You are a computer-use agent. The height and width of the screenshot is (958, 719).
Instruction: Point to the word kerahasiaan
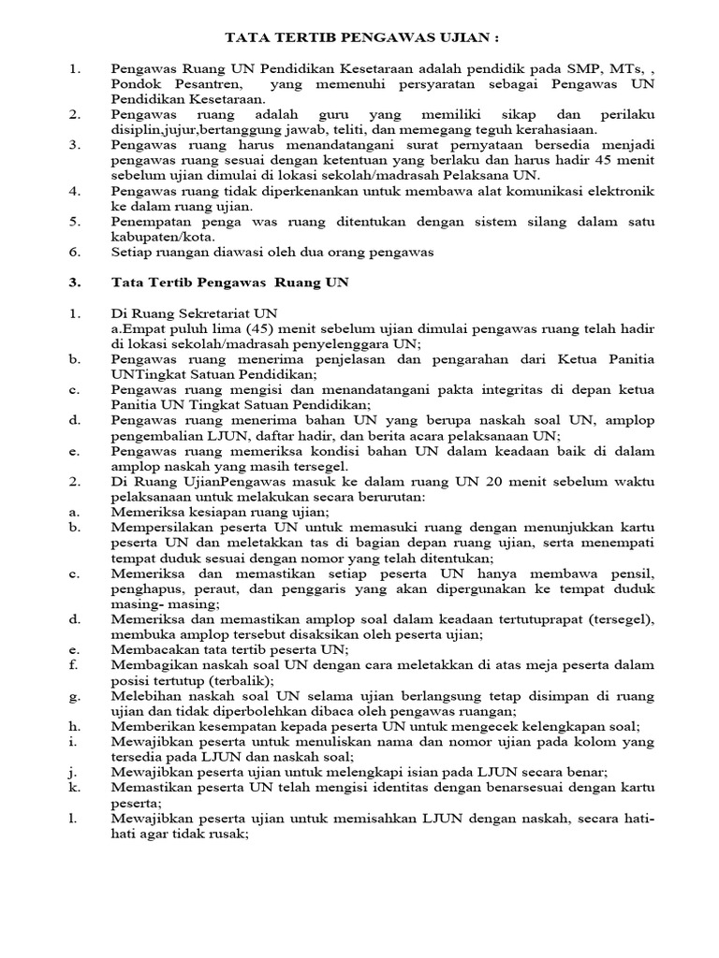pos(553,130)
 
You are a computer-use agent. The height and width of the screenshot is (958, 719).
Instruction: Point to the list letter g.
pos(73,695)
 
